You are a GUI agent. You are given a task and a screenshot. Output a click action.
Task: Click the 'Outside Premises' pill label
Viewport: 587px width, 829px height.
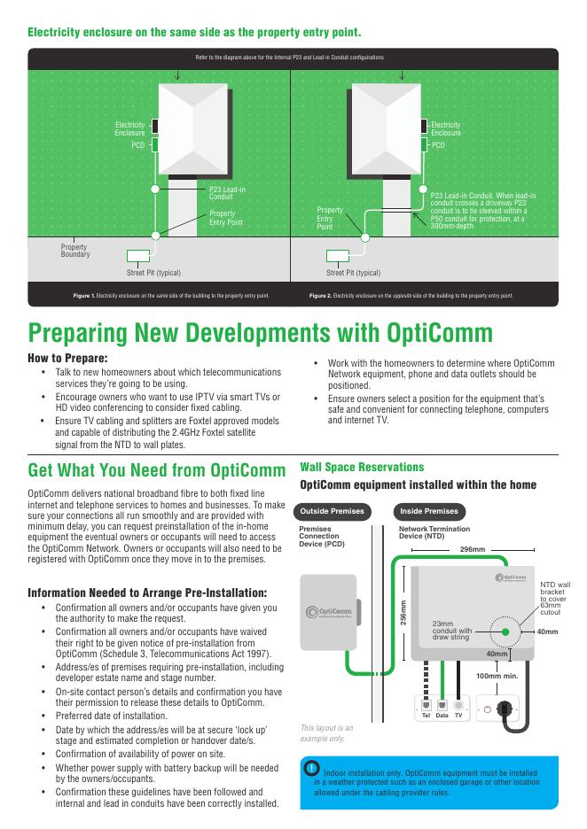332,511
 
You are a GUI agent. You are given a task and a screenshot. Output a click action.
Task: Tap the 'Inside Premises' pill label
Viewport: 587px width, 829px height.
429,511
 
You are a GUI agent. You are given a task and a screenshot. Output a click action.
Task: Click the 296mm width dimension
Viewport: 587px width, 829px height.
473,550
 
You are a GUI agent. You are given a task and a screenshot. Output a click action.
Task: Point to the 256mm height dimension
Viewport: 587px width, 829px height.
403,612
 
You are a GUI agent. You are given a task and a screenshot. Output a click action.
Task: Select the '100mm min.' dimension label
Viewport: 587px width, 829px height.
497,676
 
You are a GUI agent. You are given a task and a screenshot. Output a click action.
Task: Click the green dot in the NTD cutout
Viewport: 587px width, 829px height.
505,631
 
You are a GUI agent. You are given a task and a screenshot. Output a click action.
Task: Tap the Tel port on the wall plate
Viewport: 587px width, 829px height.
427,705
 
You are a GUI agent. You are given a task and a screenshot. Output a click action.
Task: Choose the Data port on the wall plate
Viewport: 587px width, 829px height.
442,705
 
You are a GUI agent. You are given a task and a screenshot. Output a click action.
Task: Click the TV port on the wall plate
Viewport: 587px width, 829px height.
458,705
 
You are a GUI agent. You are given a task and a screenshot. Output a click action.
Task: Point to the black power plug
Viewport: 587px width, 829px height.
504,709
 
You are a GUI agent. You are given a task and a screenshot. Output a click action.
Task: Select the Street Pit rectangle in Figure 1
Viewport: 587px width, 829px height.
138,256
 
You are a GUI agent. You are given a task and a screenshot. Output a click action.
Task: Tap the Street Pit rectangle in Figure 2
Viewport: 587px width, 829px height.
338,256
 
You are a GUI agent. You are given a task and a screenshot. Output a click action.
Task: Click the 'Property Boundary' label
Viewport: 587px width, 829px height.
75,251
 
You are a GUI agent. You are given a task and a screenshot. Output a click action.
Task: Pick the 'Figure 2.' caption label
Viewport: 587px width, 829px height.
320,296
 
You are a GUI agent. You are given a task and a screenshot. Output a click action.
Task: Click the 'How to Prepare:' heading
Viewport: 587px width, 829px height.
67,358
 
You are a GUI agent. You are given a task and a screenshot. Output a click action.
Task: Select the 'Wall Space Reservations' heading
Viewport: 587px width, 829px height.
362,468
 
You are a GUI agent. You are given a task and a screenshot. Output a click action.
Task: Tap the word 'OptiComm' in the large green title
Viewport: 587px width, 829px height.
439,333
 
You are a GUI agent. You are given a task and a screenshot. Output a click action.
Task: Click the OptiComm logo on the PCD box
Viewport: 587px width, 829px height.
329,612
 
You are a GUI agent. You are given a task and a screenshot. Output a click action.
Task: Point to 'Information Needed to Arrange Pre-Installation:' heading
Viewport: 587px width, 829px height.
147,593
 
